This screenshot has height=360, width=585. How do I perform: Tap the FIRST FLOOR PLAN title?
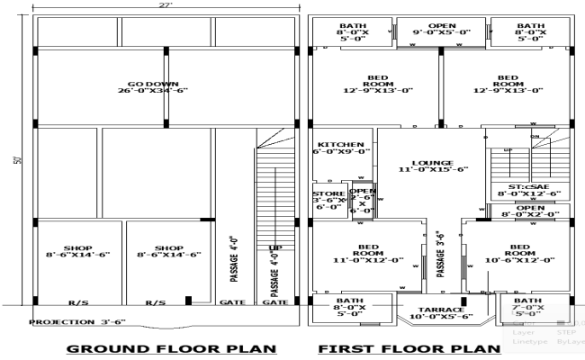(x=409, y=347)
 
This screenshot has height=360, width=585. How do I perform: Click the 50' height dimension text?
(x=18, y=161)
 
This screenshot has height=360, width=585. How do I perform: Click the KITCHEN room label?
(x=338, y=148)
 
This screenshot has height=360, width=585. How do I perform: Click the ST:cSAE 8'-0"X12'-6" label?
(x=529, y=189)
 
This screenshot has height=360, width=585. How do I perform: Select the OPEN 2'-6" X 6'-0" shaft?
(x=363, y=203)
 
